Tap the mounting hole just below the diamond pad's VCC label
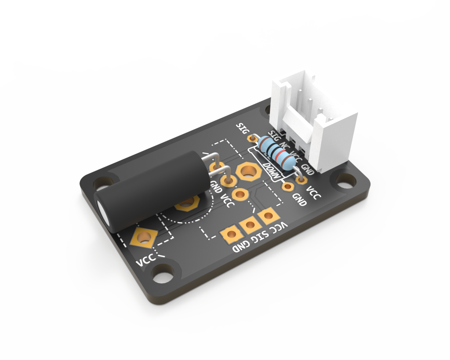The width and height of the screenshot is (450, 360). pos(164,273)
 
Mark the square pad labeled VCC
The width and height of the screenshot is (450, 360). pos(267,215)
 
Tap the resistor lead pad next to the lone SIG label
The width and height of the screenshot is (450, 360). pos(252,138)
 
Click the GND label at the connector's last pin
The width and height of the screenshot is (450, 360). pos(308,170)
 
